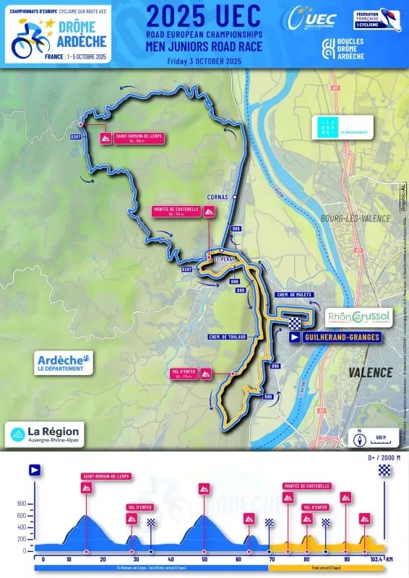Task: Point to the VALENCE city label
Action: click(371, 372)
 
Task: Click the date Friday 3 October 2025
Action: click(204, 60)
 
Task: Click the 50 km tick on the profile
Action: click(205, 559)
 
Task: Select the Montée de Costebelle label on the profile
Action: click(306, 486)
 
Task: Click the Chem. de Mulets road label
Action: click(292, 295)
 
